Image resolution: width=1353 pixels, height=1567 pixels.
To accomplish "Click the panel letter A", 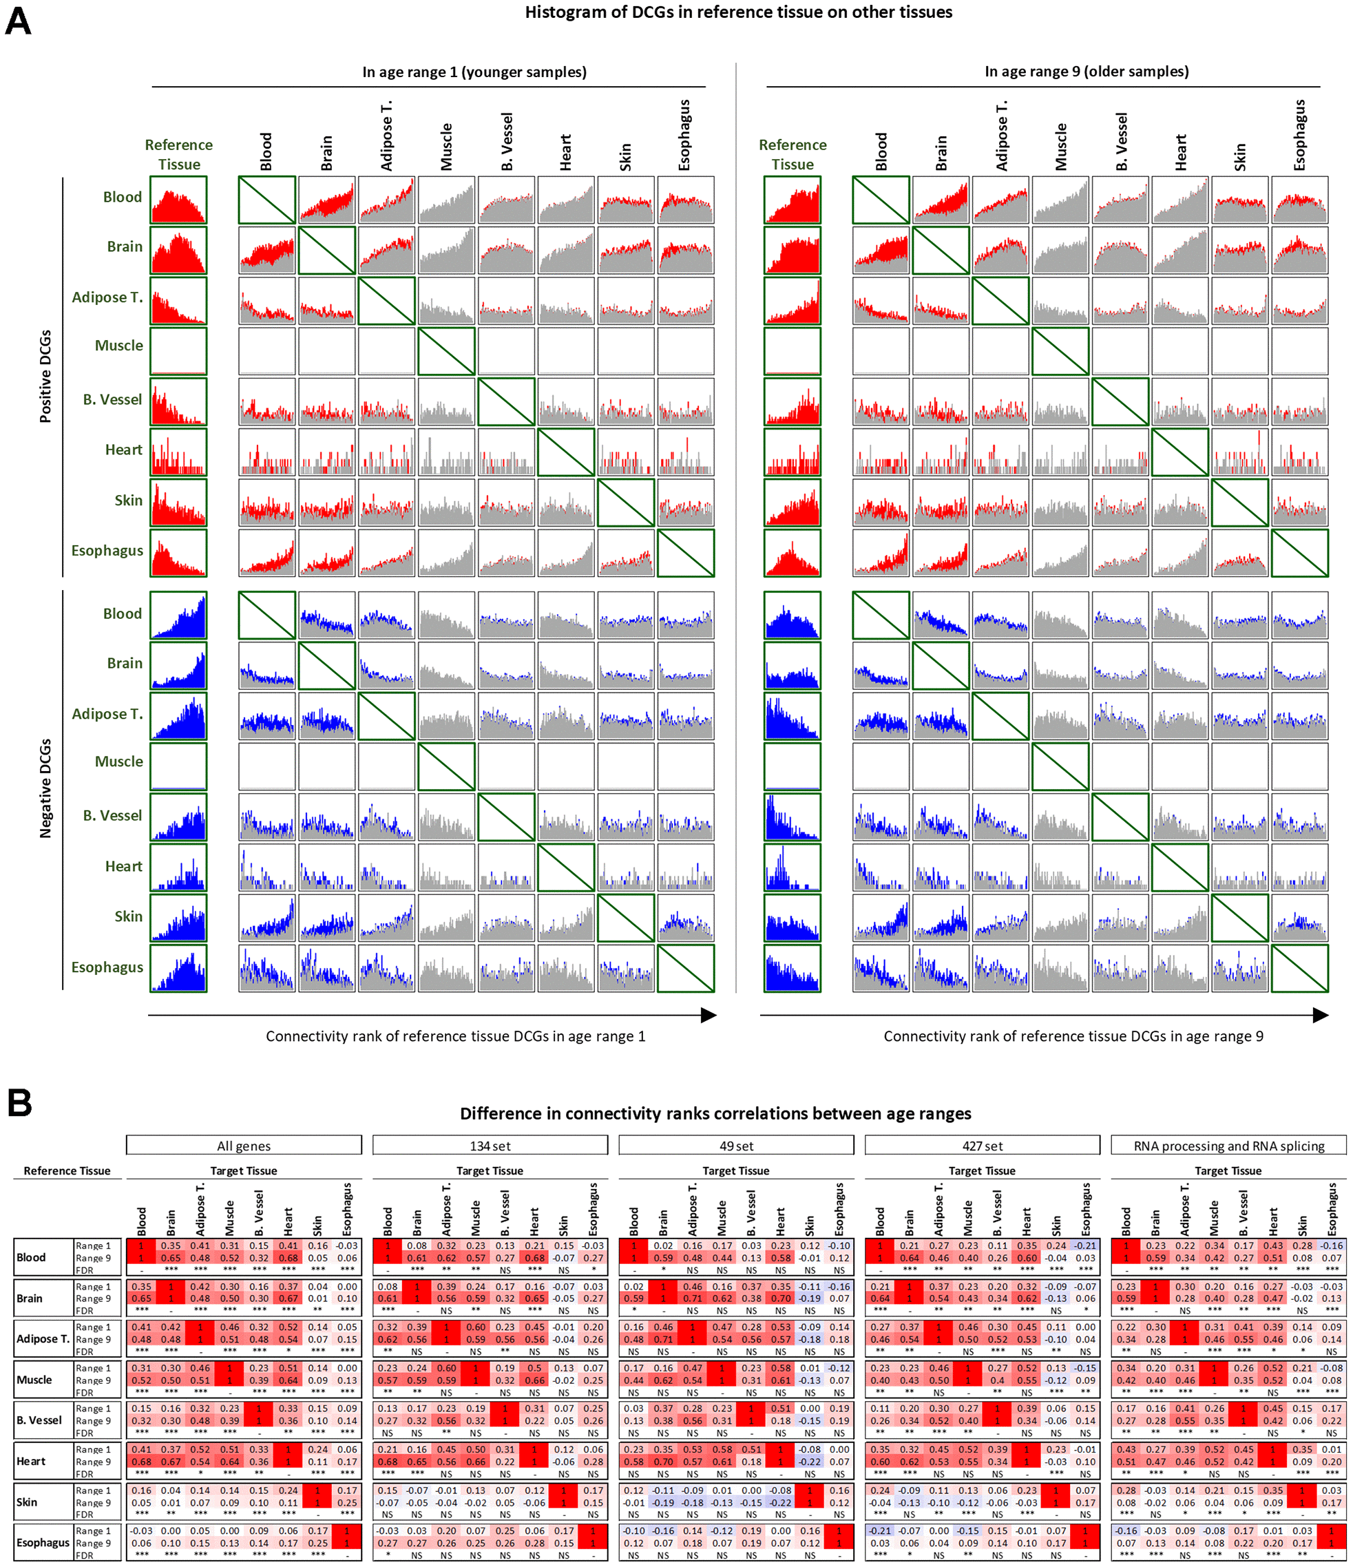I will pos(18,21).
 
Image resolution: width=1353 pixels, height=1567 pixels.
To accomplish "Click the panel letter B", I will pos(20,1103).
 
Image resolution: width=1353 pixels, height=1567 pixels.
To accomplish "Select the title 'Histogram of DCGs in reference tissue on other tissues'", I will pos(738,12).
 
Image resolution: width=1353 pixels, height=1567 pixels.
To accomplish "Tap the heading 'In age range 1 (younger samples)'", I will pos(474,72).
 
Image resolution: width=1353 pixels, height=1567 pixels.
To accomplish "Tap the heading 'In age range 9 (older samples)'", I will pos(1086,72).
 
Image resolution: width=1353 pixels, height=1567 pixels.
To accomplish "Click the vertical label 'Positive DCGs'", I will pos(45,376).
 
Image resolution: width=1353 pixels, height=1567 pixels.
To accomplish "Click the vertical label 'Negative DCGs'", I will pos(45,788).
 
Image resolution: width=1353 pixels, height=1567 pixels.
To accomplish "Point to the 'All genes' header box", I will pos(244,1146).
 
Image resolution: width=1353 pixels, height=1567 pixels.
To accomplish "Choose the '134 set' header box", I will pos(490,1146).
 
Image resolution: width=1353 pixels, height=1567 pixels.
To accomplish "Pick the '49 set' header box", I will pos(736,1146).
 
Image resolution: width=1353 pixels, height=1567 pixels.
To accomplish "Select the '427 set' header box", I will pos(982,1146).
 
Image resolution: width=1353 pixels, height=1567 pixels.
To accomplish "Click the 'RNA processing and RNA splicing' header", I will pos(1228,1146).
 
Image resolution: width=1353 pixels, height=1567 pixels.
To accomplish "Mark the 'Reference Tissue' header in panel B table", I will pos(67,1170).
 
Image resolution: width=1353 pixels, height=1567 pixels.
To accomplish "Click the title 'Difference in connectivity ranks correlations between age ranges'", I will pos(715,1113).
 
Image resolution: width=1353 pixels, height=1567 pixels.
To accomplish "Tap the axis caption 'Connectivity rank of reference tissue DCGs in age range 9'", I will pos(1073,1036).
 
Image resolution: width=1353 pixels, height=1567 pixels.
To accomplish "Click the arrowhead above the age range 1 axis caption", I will pos(709,1015).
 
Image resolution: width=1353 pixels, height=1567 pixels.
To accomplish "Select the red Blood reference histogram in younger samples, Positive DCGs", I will pos(178,200).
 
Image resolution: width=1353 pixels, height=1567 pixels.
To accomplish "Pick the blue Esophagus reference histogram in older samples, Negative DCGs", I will pos(792,968).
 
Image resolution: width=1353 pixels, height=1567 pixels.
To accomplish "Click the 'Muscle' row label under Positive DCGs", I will pos(118,346).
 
